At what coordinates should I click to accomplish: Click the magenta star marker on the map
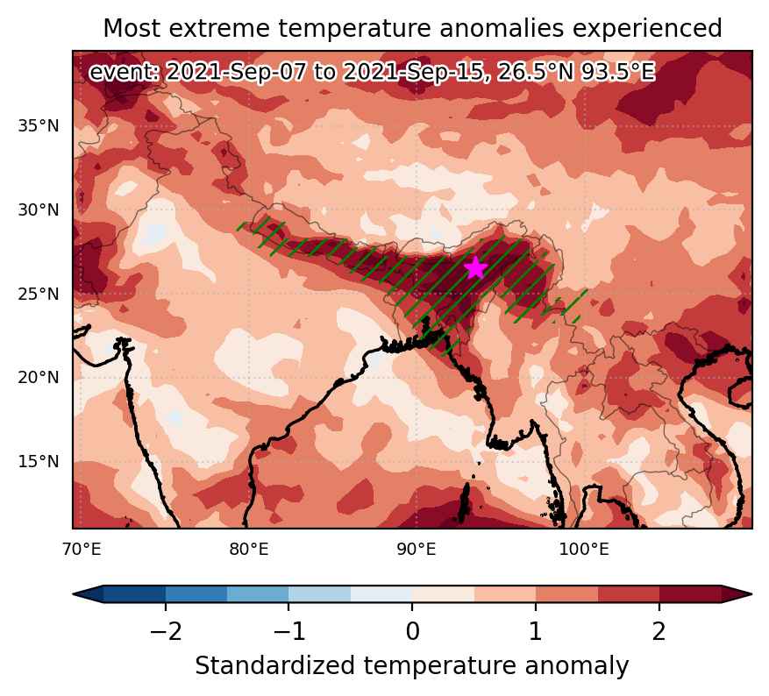pos(475,267)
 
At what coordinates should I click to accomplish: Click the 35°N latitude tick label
pos(39,126)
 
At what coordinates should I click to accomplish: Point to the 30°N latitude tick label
pos(39,210)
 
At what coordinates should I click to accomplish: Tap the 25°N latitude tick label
pos(39,294)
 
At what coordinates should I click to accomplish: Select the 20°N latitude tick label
pos(39,378)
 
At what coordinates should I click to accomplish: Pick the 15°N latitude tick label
pos(39,462)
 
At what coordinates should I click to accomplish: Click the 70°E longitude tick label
pos(82,550)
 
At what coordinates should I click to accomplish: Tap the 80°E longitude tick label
pos(249,550)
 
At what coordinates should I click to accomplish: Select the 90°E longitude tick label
pos(417,550)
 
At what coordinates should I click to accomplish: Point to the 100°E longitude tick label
pos(584,550)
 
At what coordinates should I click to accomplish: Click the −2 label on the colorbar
pos(166,632)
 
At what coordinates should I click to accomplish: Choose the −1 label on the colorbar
pos(288,632)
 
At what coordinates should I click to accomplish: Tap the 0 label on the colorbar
pos(412,632)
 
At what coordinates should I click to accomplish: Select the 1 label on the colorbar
pos(536,632)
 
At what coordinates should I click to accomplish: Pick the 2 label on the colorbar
pos(659,632)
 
